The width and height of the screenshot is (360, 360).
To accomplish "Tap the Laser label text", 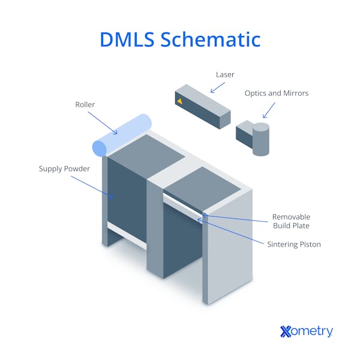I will tap(225, 75).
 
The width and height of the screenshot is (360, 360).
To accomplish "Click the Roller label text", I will tap(85, 104).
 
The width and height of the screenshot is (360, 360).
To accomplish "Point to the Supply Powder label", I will tap(64, 169).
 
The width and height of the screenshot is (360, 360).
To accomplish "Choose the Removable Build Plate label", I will tap(291, 221).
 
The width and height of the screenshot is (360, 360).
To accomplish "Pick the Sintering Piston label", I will tap(294, 244).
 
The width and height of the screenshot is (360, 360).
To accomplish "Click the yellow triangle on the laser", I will tap(179, 101).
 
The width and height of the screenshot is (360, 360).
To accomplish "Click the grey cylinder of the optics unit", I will tap(260, 139).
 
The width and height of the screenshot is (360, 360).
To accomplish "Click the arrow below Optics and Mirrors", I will tap(268, 110).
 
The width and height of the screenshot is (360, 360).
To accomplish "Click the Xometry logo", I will tap(306, 331).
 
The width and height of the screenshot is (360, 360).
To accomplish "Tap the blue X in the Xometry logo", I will tap(286, 331).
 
